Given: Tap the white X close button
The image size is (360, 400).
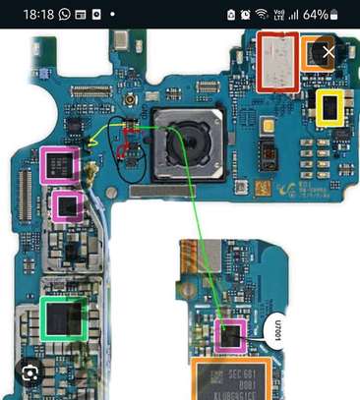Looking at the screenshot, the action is pyautogui.click(x=330, y=51).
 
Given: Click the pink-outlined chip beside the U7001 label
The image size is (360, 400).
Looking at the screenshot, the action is pyautogui.click(x=230, y=335).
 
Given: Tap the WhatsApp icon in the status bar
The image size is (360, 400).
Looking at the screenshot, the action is pyautogui.click(x=65, y=15).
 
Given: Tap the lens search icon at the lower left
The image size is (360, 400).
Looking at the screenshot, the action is pyautogui.click(x=32, y=372).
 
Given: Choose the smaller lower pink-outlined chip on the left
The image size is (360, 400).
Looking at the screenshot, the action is pyautogui.click(x=67, y=205).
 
